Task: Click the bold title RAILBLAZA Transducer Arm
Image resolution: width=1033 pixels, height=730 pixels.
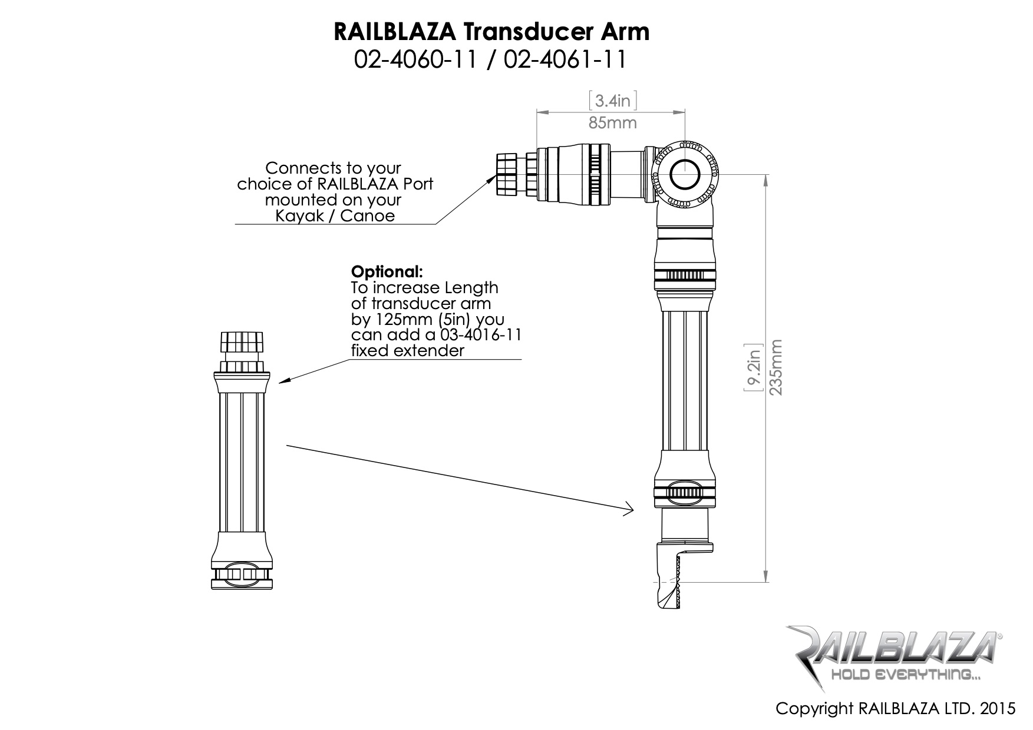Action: [491, 32]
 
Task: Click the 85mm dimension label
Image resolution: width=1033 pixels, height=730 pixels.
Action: [612, 123]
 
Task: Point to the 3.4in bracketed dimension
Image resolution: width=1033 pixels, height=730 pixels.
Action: [613, 101]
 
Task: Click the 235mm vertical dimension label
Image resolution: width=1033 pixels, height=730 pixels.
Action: [777, 367]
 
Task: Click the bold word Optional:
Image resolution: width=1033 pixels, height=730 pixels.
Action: [387, 272]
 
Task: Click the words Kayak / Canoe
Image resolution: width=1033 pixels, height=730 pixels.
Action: [335, 216]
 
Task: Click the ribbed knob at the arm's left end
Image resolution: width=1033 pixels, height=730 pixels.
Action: [506, 174]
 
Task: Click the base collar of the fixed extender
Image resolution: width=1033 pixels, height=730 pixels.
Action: [242, 576]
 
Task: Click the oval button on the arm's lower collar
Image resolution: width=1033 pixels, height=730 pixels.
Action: [686, 492]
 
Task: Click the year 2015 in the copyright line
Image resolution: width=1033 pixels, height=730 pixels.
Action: [998, 708]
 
